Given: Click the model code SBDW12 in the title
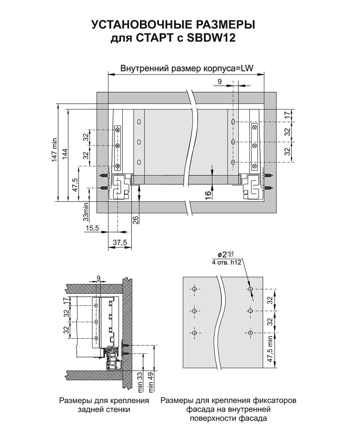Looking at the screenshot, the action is [x=211, y=38].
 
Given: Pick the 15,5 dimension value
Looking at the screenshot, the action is [x=92, y=228].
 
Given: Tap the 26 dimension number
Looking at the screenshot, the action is [x=135, y=220].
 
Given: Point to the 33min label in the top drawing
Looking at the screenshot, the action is [x=86, y=212].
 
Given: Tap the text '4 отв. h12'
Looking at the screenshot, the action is [x=226, y=263].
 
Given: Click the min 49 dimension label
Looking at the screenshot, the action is [x=151, y=382].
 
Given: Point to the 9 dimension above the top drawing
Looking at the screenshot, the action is [x=220, y=81].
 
